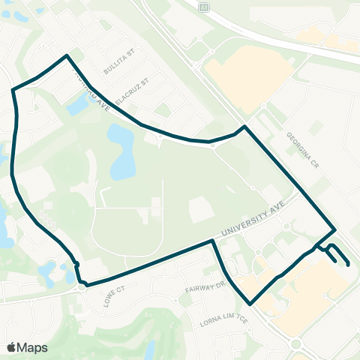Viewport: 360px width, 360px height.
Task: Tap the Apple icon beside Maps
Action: (x=11, y=346)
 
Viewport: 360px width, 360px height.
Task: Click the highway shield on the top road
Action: (x=202, y=6)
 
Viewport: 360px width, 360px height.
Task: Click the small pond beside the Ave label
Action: (x=77, y=106)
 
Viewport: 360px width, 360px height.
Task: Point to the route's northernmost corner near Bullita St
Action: (x=68, y=55)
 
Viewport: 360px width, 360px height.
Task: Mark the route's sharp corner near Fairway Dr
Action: (x=250, y=303)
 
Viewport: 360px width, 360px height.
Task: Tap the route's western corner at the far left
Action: (x=13, y=90)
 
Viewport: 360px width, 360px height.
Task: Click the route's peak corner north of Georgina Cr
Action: (x=243, y=127)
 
